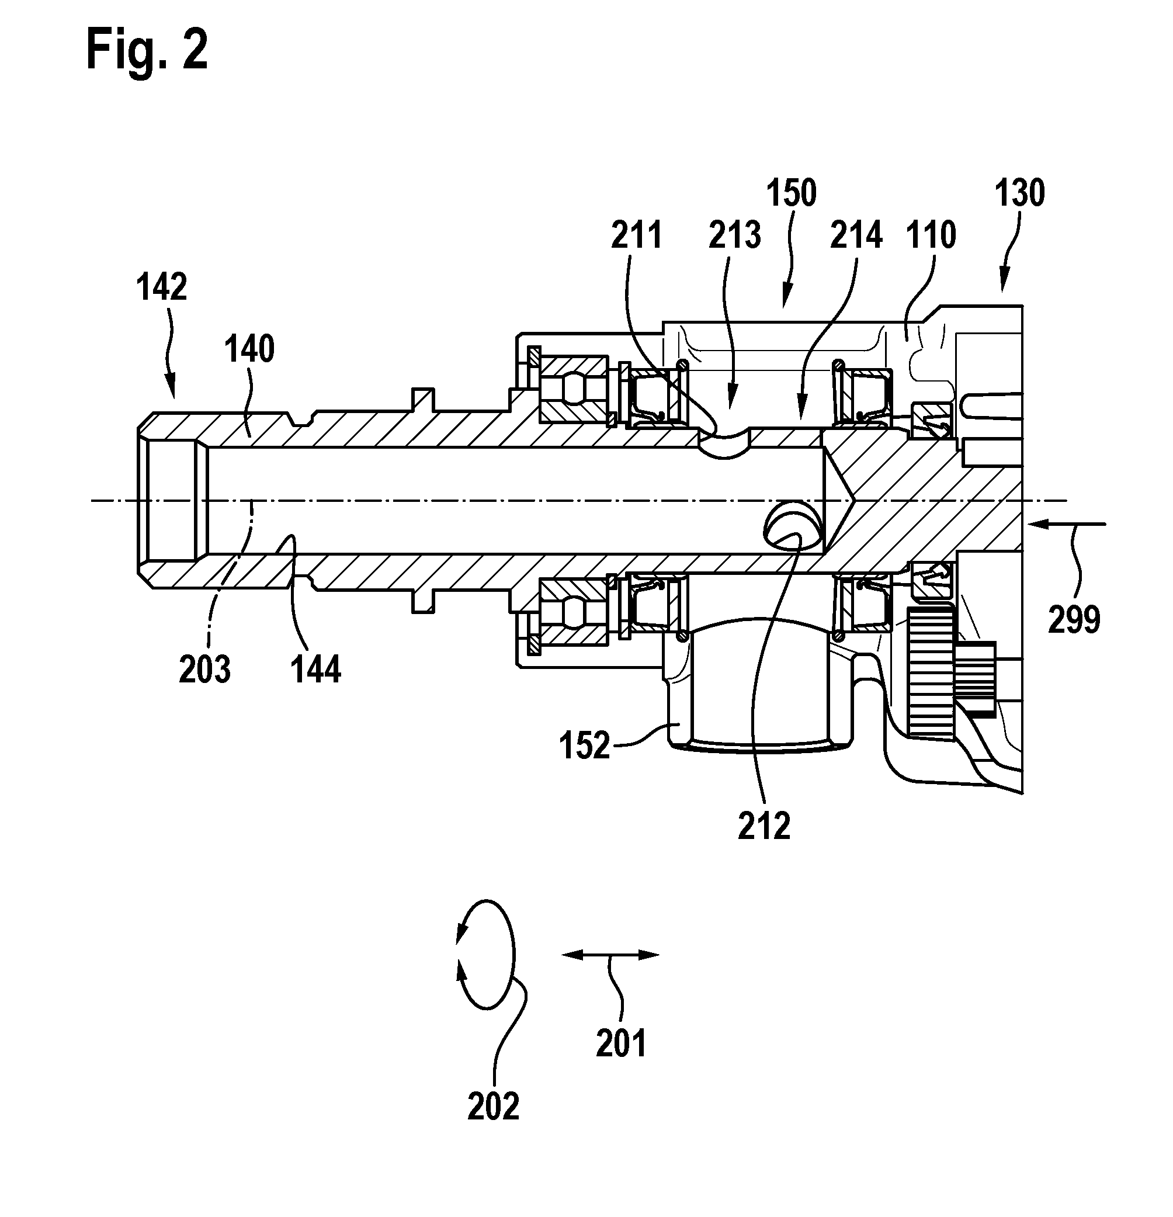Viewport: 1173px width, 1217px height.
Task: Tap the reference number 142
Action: tap(161, 287)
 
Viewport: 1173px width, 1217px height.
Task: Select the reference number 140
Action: tap(249, 349)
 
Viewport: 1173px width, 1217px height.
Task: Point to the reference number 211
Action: tap(637, 235)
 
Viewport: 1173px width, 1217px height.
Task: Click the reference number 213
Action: tap(735, 235)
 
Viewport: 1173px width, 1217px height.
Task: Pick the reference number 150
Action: tap(791, 193)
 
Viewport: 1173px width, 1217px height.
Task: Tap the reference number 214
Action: tap(856, 235)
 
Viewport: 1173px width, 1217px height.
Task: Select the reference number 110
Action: tap(931, 235)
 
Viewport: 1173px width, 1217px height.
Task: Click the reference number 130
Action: tap(1019, 193)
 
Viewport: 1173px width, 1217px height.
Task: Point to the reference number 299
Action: tap(1074, 620)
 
